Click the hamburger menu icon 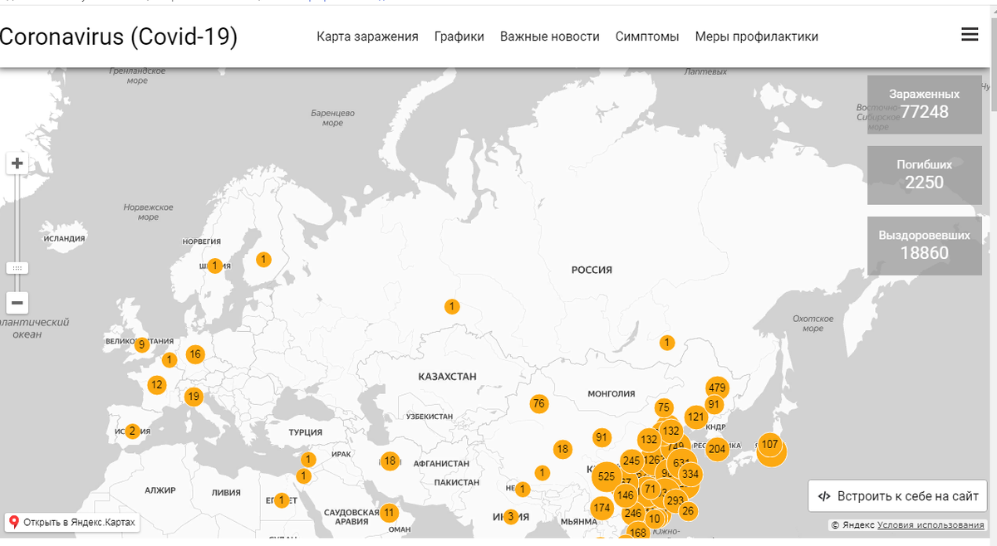pyautogui.click(x=969, y=35)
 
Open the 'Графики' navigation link pyautogui.click(x=459, y=37)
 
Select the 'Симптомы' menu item pyautogui.click(x=647, y=37)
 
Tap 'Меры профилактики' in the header pyautogui.click(x=756, y=37)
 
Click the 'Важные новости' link pyautogui.click(x=549, y=37)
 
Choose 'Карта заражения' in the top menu pyautogui.click(x=367, y=37)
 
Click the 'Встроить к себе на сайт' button pyautogui.click(x=898, y=496)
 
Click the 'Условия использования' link pyautogui.click(x=931, y=525)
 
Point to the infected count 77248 pyautogui.click(x=924, y=111)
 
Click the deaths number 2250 pyautogui.click(x=924, y=182)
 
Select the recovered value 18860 pyautogui.click(x=924, y=252)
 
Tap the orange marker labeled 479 pyautogui.click(x=717, y=388)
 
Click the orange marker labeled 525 pyautogui.click(x=607, y=476)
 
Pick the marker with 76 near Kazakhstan pyautogui.click(x=539, y=404)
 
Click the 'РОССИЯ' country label pyautogui.click(x=592, y=270)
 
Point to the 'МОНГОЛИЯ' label pyautogui.click(x=611, y=394)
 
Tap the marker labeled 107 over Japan pyautogui.click(x=770, y=444)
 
